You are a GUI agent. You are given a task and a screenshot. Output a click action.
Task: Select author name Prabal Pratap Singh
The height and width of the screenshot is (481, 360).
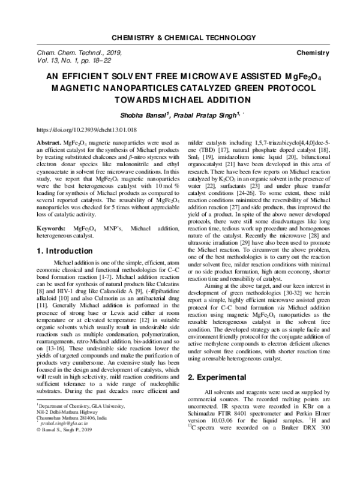click(x=202, y=115)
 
